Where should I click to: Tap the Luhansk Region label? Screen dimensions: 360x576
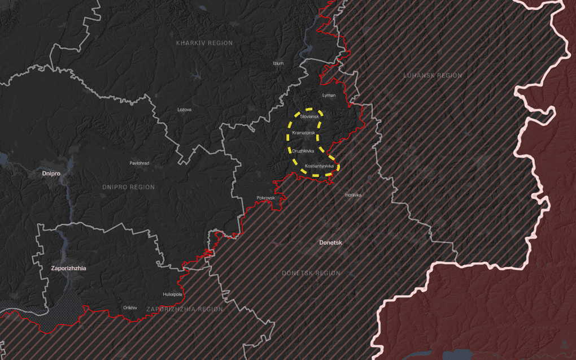433,75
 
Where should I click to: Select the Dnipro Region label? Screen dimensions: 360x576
129,187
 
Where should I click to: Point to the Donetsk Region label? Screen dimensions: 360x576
311,273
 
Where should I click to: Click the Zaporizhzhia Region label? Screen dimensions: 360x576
185,309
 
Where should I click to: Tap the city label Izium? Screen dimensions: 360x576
278,63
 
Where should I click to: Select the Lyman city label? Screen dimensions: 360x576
328,96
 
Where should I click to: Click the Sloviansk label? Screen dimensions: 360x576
309,116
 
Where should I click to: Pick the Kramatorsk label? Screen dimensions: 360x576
303,132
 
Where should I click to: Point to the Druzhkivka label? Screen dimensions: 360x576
303,151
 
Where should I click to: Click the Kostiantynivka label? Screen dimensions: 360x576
319,166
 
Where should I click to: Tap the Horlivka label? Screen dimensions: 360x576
353,195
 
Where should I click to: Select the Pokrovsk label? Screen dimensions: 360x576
265,198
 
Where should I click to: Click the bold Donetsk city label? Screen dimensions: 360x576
331,242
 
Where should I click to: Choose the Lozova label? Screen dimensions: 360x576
185,109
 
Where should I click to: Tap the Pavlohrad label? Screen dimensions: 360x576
139,163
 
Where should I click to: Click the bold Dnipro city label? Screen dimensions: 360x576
51,173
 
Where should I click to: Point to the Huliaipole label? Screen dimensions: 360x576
172,294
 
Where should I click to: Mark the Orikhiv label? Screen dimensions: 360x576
130,307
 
